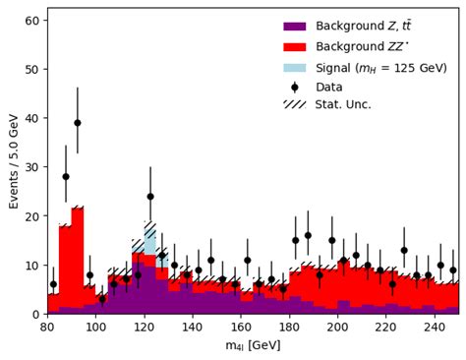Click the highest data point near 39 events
pyautogui.click(x=78, y=123)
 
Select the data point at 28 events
pyautogui.click(x=66, y=177)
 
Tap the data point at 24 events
pyautogui.click(x=150, y=196)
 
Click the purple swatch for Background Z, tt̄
pyautogui.click(x=296, y=28)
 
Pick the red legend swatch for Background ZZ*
pyautogui.click(x=296, y=47)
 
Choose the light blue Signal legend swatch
pyautogui.click(x=296, y=67)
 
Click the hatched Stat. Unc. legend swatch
pyautogui.click(x=296, y=104)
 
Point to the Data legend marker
pyautogui.click(x=296, y=86)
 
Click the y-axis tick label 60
pyautogui.click(x=31, y=21)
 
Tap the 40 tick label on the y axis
pyautogui.click(x=31, y=118)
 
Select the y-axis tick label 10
pyautogui.click(x=31, y=265)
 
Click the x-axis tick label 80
pyautogui.click(x=48, y=328)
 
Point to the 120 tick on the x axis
pyautogui.click(x=145, y=328)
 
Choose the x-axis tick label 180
pyautogui.click(x=289, y=328)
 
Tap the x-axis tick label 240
pyautogui.click(x=434, y=328)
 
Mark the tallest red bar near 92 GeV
pyautogui.click(x=78, y=256)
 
